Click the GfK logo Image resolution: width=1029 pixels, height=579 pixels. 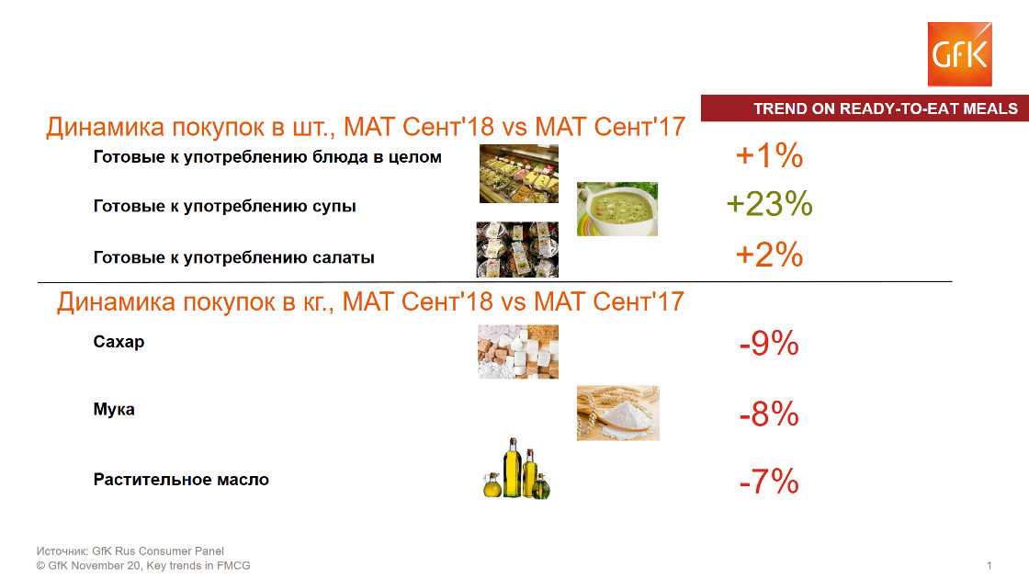[x=959, y=54]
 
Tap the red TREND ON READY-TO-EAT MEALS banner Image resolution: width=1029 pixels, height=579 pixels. [x=865, y=108]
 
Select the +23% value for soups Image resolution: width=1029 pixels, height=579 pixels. [x=769, y=203]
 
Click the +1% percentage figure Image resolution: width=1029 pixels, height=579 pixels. [x=769, y=155]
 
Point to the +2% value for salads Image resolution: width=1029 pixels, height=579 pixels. [x=769, y=255]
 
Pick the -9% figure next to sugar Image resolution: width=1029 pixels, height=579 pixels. [x=769, y=344]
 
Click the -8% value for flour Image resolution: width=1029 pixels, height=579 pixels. [x=769, y=414]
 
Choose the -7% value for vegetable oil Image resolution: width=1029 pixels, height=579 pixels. [x=769, y=482]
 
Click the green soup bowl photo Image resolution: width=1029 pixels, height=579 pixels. [x=616, y=209]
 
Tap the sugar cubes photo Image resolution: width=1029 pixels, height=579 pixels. [x=518, y=351]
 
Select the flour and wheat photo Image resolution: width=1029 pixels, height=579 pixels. [x=617, y=413]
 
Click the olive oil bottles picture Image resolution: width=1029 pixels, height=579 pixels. [x=516, y=469]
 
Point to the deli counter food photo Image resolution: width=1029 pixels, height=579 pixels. [x=519, y=174]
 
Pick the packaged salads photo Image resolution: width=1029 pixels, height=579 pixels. [x=517, y=249]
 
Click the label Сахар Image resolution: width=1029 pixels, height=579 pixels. [x=119, y=342]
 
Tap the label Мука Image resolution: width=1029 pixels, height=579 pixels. [x=114, y=410]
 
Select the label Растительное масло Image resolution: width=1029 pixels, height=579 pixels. [x=181, y=479]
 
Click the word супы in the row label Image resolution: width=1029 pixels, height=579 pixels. [x=334, y=207]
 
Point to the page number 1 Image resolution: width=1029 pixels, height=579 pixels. [x=989, y=565]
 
